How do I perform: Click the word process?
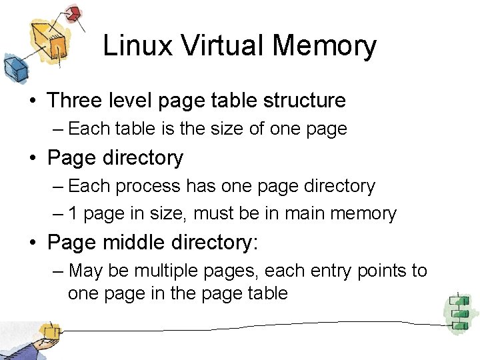[147, 187]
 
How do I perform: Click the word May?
[84, 271]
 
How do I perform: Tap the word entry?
[335, 271]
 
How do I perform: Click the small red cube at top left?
[73, 13]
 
